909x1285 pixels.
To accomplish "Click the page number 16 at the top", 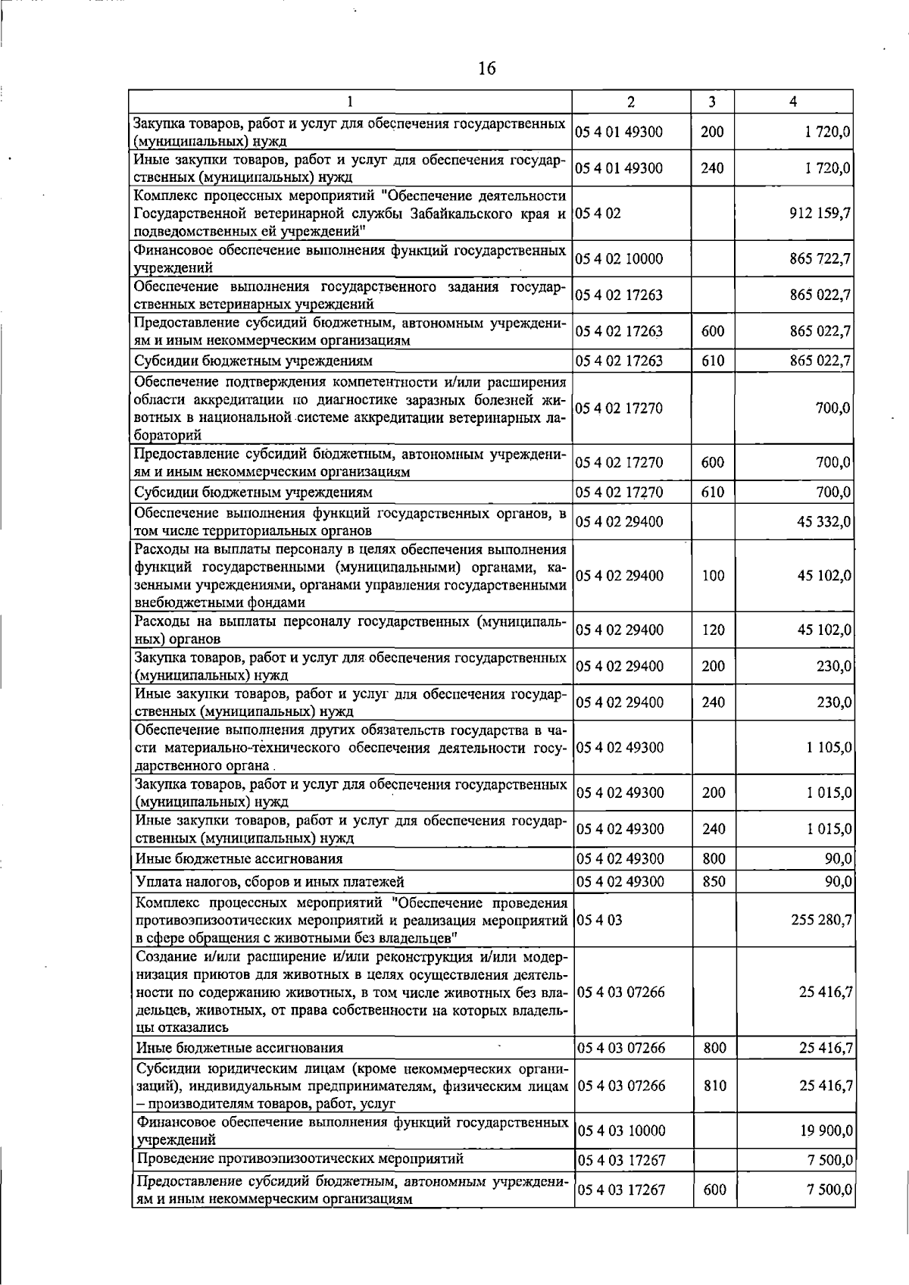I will [x=486, y=69].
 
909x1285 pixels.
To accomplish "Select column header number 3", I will [x=712, y=102].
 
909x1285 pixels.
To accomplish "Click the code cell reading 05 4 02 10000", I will [x=619, y=259].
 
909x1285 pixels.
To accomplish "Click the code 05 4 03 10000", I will [x=621, y=1130].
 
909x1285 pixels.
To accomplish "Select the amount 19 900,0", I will [x=826, y=1130].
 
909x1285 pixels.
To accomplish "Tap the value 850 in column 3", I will [x=713, y=881].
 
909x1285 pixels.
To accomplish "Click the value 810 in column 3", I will [x=714, y=1086].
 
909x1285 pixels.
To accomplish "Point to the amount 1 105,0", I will [x=829, y=747].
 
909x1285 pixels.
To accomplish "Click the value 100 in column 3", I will [x=713, y=576].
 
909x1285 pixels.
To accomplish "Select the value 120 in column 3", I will [x=713, y=630].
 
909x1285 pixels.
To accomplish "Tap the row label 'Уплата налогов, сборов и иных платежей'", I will [x=270, y=881].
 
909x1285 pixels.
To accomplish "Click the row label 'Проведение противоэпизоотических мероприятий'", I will [x=300, y=1158].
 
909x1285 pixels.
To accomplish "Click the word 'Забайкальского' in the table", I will [x=472, y=214].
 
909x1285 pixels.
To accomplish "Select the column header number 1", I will [x=349, y=102].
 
